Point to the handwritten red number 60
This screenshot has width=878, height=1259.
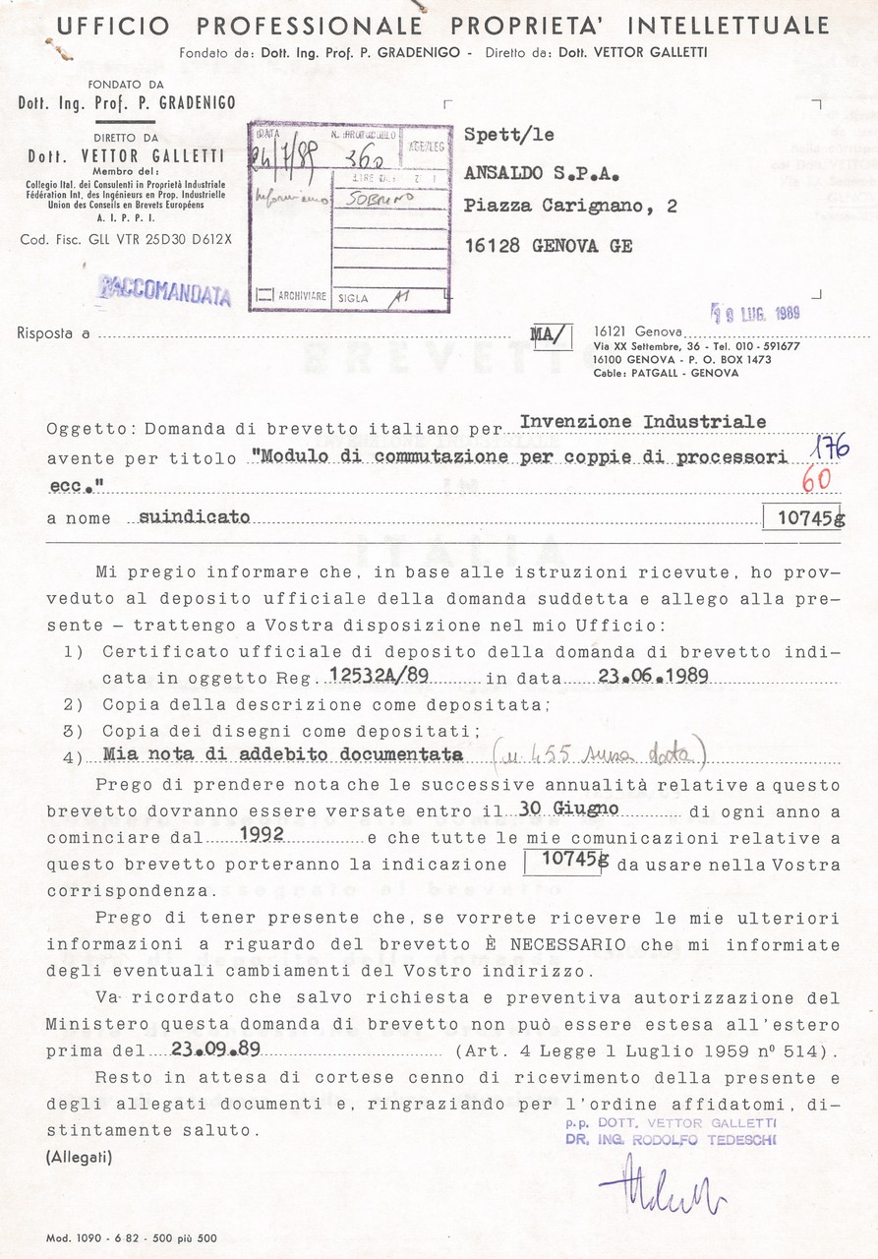pyautogui.click(x=816, y=481)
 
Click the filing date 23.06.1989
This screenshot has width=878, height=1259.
pyautogui.click(x=638, y=678)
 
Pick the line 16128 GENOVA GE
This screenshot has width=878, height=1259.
pyautogui.click(x=548, y=246)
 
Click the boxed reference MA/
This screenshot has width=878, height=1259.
pyautogui.click(x=551, y=336)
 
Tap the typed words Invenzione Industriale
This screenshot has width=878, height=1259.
pyautogui.click(x=643, y=421)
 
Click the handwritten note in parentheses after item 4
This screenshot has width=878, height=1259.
pyautogui.click(x=600, y=755)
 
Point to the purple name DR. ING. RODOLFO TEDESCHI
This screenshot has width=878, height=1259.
pyautogui.click(x=671, y=1141)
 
